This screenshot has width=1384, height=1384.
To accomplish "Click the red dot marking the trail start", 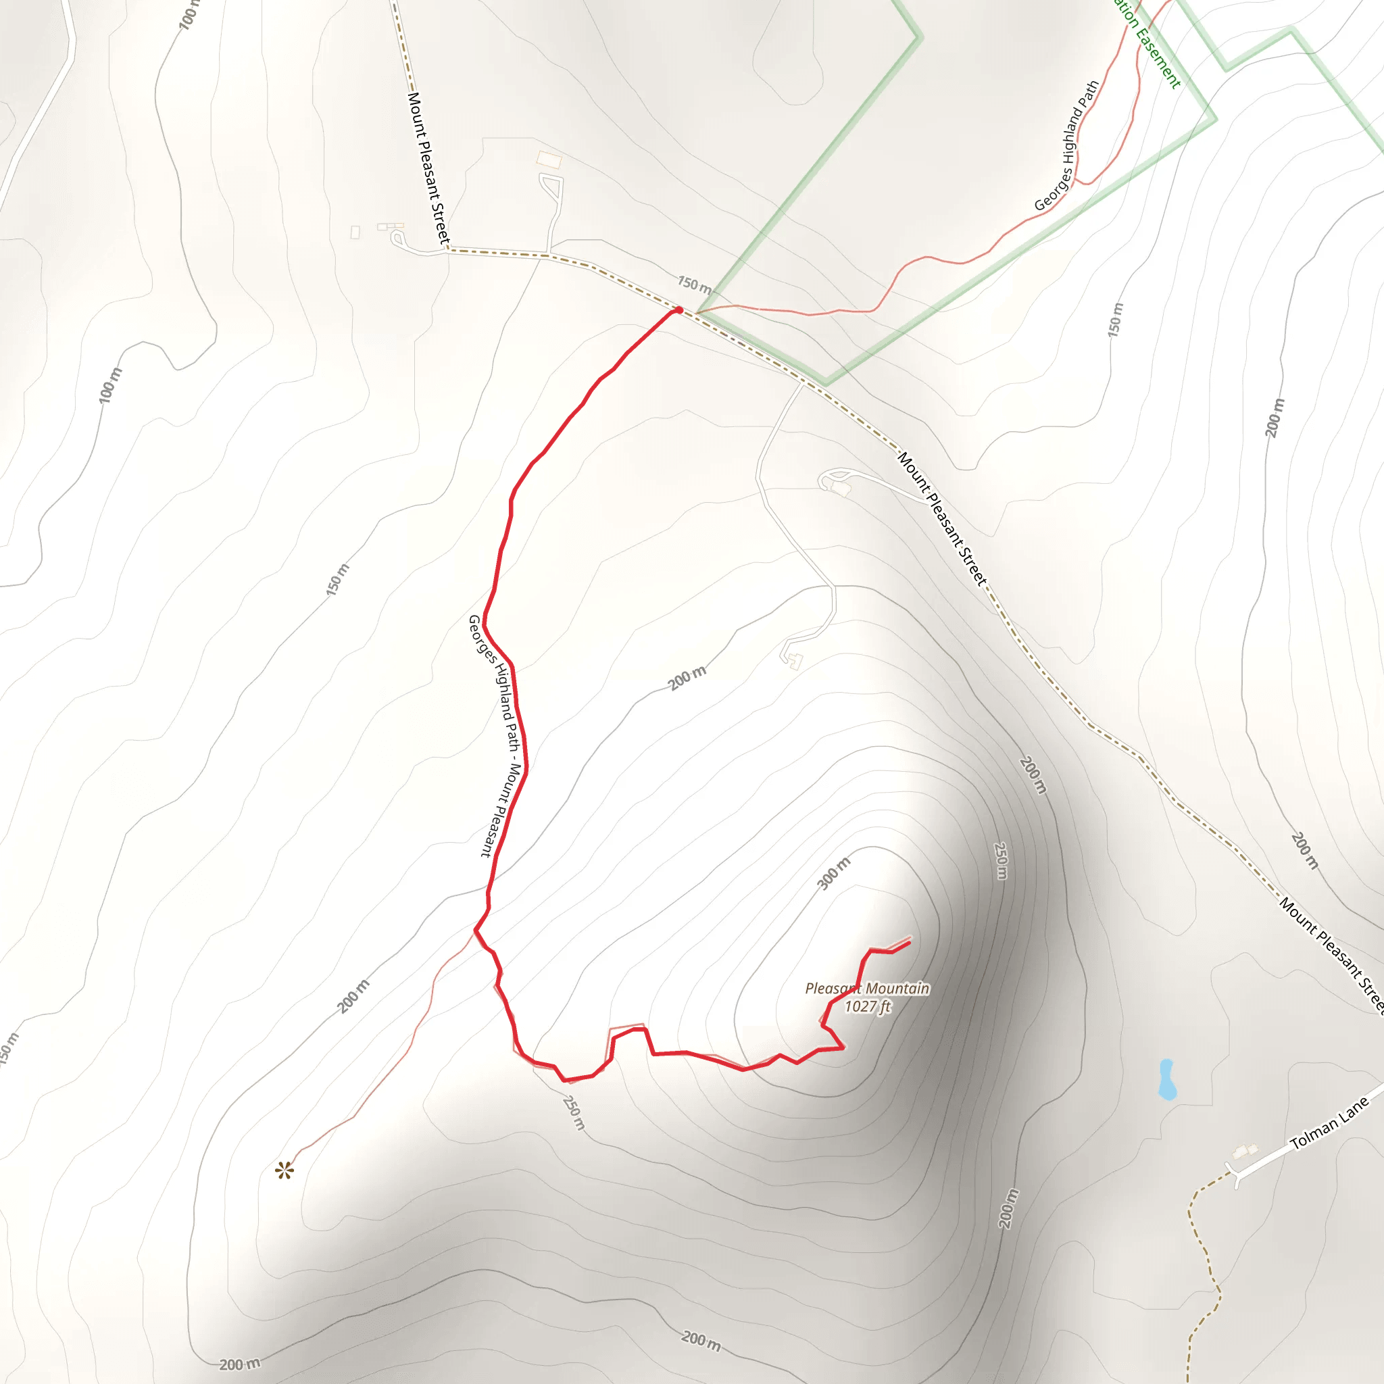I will tap(678, 310).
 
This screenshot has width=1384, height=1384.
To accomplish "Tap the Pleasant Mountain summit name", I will tap(867, 989).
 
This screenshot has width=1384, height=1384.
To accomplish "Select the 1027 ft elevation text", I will tap(867, 1006).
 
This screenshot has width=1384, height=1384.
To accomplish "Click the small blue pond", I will tap(1167, 1079).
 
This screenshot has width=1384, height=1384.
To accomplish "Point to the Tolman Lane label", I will tap(1329, 1124).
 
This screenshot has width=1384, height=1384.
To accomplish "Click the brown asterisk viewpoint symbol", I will tap(285, 1171).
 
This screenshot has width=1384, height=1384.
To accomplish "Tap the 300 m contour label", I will tap(835, 872).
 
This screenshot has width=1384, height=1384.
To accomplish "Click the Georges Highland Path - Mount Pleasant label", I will tap(495, 736).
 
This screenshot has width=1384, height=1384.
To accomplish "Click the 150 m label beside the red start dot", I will tap(694, 285).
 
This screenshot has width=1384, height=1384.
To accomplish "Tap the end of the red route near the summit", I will tap(910, 941).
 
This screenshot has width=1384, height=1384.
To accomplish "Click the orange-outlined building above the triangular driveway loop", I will tap(549, 158).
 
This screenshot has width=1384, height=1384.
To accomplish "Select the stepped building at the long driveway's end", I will tap(792, 659).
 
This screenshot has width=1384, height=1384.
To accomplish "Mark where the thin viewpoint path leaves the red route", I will tap(475, 931).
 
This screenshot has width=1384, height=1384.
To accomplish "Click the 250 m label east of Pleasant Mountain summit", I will tap(1002, 860).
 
